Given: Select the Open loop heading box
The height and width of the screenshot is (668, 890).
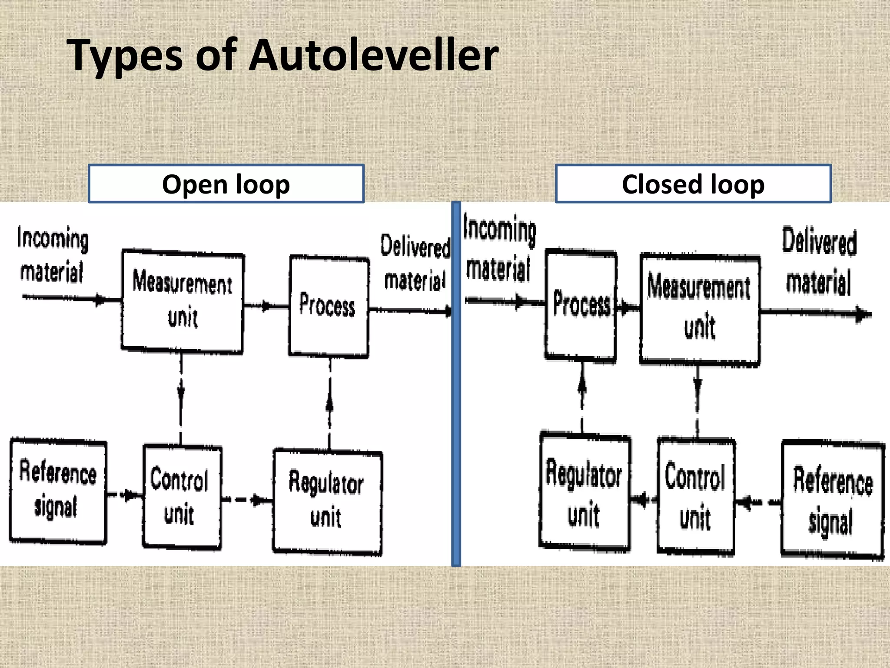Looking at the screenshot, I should tap(226, 184).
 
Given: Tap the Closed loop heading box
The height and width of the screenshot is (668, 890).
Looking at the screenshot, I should tap(693, 184).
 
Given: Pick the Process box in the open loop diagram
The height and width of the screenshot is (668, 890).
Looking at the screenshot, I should tap(329, 306).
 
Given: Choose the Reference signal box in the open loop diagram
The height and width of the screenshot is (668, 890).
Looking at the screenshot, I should tap(58, 491).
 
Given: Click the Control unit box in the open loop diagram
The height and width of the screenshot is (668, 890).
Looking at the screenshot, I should tap(182, 497).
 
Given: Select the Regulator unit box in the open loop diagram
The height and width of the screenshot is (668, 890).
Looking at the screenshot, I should tap(328, 502).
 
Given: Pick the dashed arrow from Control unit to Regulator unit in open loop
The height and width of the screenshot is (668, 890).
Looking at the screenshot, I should tap(247, 500).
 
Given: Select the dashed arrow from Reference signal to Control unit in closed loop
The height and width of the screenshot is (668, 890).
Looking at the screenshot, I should tap(758, 503).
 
